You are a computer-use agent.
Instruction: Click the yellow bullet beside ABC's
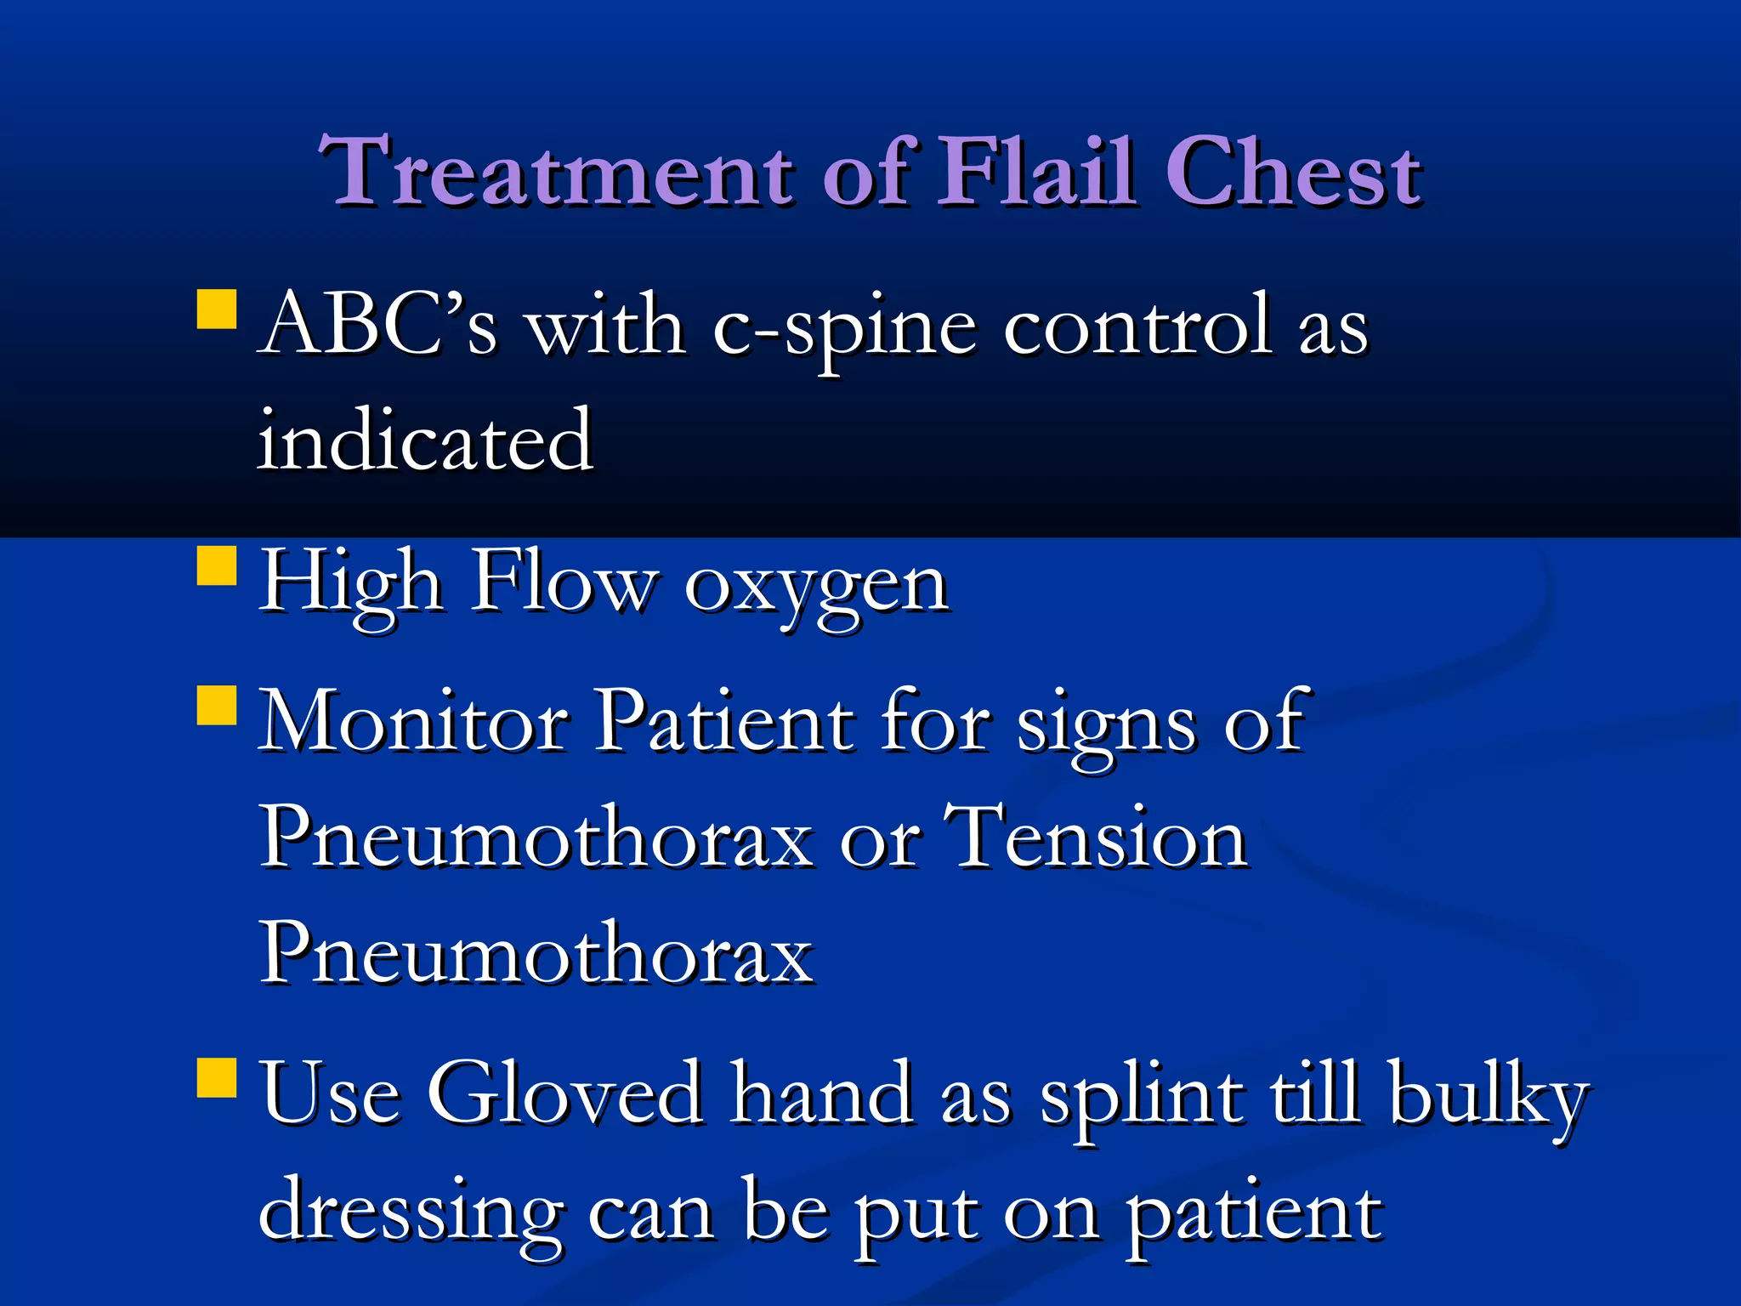(216, 309)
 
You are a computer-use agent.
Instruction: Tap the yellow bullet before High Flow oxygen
(216, 565)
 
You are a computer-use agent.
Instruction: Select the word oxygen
(816, 587)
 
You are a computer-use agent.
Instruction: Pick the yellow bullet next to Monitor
(216, 705)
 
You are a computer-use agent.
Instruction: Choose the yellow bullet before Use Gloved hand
(216, 1078)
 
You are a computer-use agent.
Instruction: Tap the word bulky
(1488, 1097)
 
